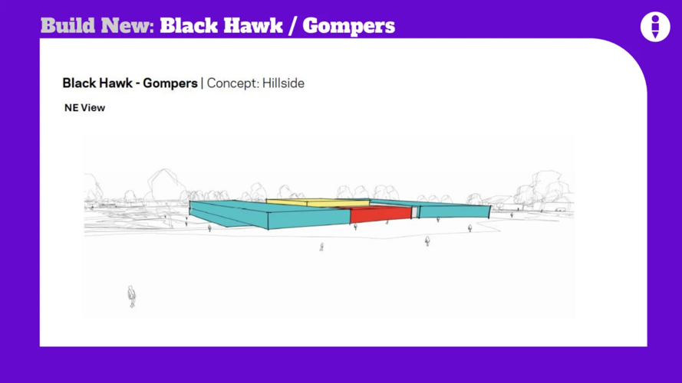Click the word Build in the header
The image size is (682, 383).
pos(68,25)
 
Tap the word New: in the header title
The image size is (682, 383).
pos(128,25)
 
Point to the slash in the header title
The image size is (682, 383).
pos(293,26)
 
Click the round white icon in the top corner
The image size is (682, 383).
pos(655,27)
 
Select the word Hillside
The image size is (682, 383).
pos(283,83)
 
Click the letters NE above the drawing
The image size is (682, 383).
pos(71,108)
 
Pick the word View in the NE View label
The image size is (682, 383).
pos(93,108)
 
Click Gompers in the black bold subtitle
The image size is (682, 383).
pos(170,83)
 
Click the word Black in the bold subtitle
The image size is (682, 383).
pos(80,83)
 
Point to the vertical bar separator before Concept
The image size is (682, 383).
pos(202,83)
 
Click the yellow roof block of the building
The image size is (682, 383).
pos(318,202)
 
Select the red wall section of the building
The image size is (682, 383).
pos(381,214)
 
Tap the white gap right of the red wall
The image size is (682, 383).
pos(415,212)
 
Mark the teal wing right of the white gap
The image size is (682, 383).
pos(454,211)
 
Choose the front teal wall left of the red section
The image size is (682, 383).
pos(309,218)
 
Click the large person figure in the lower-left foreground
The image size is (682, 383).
pos(131,296)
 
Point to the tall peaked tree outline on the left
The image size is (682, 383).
pos(163,185)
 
